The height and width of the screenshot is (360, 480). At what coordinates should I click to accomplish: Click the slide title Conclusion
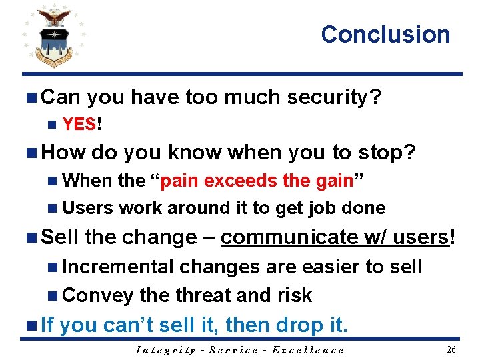coord(385,35)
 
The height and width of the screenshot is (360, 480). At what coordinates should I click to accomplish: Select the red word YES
coord(79,124)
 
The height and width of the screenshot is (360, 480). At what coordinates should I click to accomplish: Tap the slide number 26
coord(451,349)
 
